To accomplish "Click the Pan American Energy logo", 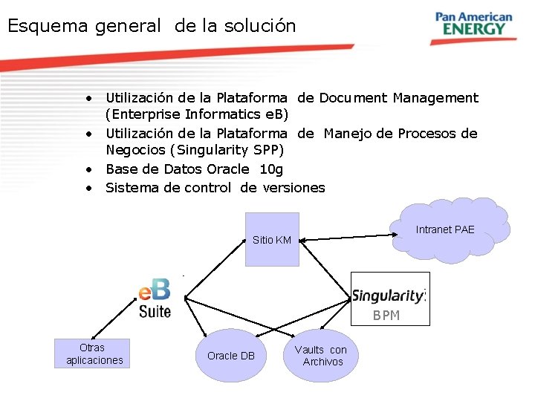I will coord(473,24).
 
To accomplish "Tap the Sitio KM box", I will coord(272,239).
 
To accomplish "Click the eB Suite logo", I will coord(155,298).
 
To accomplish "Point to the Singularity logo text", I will coord(388,296).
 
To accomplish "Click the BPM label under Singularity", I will coord(386,316).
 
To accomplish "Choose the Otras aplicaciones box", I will coord(91,353).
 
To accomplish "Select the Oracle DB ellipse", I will coord(231,356).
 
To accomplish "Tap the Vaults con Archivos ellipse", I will coord(320,355).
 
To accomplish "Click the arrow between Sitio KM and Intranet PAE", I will coord(346,236).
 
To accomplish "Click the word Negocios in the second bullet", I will coord(134,151).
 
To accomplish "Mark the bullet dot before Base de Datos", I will coord(88,169).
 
